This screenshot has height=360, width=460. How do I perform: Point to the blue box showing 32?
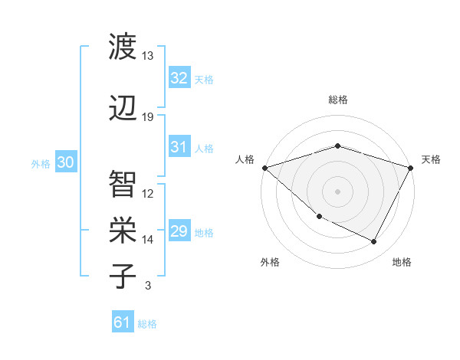pos(179,78)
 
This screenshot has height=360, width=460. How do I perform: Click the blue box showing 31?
pos(179,147)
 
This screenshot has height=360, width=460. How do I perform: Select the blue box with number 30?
pos(65,162)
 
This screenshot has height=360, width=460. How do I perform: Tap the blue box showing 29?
pos(179,231)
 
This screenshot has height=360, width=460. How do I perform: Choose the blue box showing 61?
pos(123,322)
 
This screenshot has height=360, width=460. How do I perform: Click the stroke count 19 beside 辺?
pos(148,117)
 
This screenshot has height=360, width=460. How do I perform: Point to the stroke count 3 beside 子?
pos(148,286)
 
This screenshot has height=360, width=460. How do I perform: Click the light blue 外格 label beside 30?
pos(40,163)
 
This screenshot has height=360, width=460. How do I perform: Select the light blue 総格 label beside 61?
pos(147,323)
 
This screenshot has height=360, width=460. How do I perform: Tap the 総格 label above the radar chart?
pos(338,100)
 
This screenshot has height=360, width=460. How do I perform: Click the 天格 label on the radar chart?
pos(431,159)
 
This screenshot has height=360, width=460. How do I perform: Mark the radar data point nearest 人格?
pos(264,168)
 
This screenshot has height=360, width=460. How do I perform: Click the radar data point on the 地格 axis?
pos(374,241)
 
